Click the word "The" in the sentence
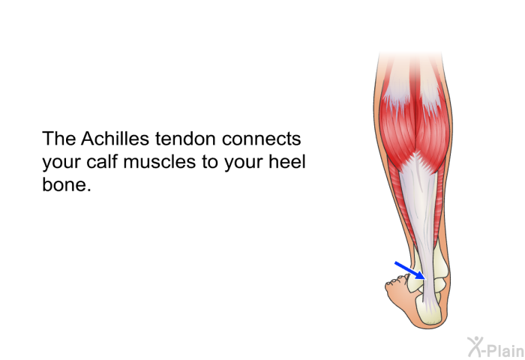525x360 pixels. pyautogui.click(x=59, y=138)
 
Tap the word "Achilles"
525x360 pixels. pyautogui.click(x=115, y=138)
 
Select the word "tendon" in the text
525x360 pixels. pyautogui.click(x=185, y=139)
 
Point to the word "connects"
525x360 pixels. pyautogui.click(x=262, y=139)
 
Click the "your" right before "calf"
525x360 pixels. pyautogui.click(x=61, y=163)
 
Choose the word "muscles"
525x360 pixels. pyautogui.click(x=159, y=161)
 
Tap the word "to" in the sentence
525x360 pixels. pyautogui.click(x=210, y=162)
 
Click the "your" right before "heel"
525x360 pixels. pyautogui.click(x=244, y=163)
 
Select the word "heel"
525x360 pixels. pyautogui.click(x=287, y=161)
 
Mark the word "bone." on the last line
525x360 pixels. pyautogui.click(x=67, y=184)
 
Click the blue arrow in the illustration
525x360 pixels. pyautogui.click(x=410, y=271)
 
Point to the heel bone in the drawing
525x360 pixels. pyautogui.click(x=428, y=310)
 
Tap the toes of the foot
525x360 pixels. pyautogui.click(x=397, y=280)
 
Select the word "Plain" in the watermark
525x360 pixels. pyautogui.click(x=506, y=350)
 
